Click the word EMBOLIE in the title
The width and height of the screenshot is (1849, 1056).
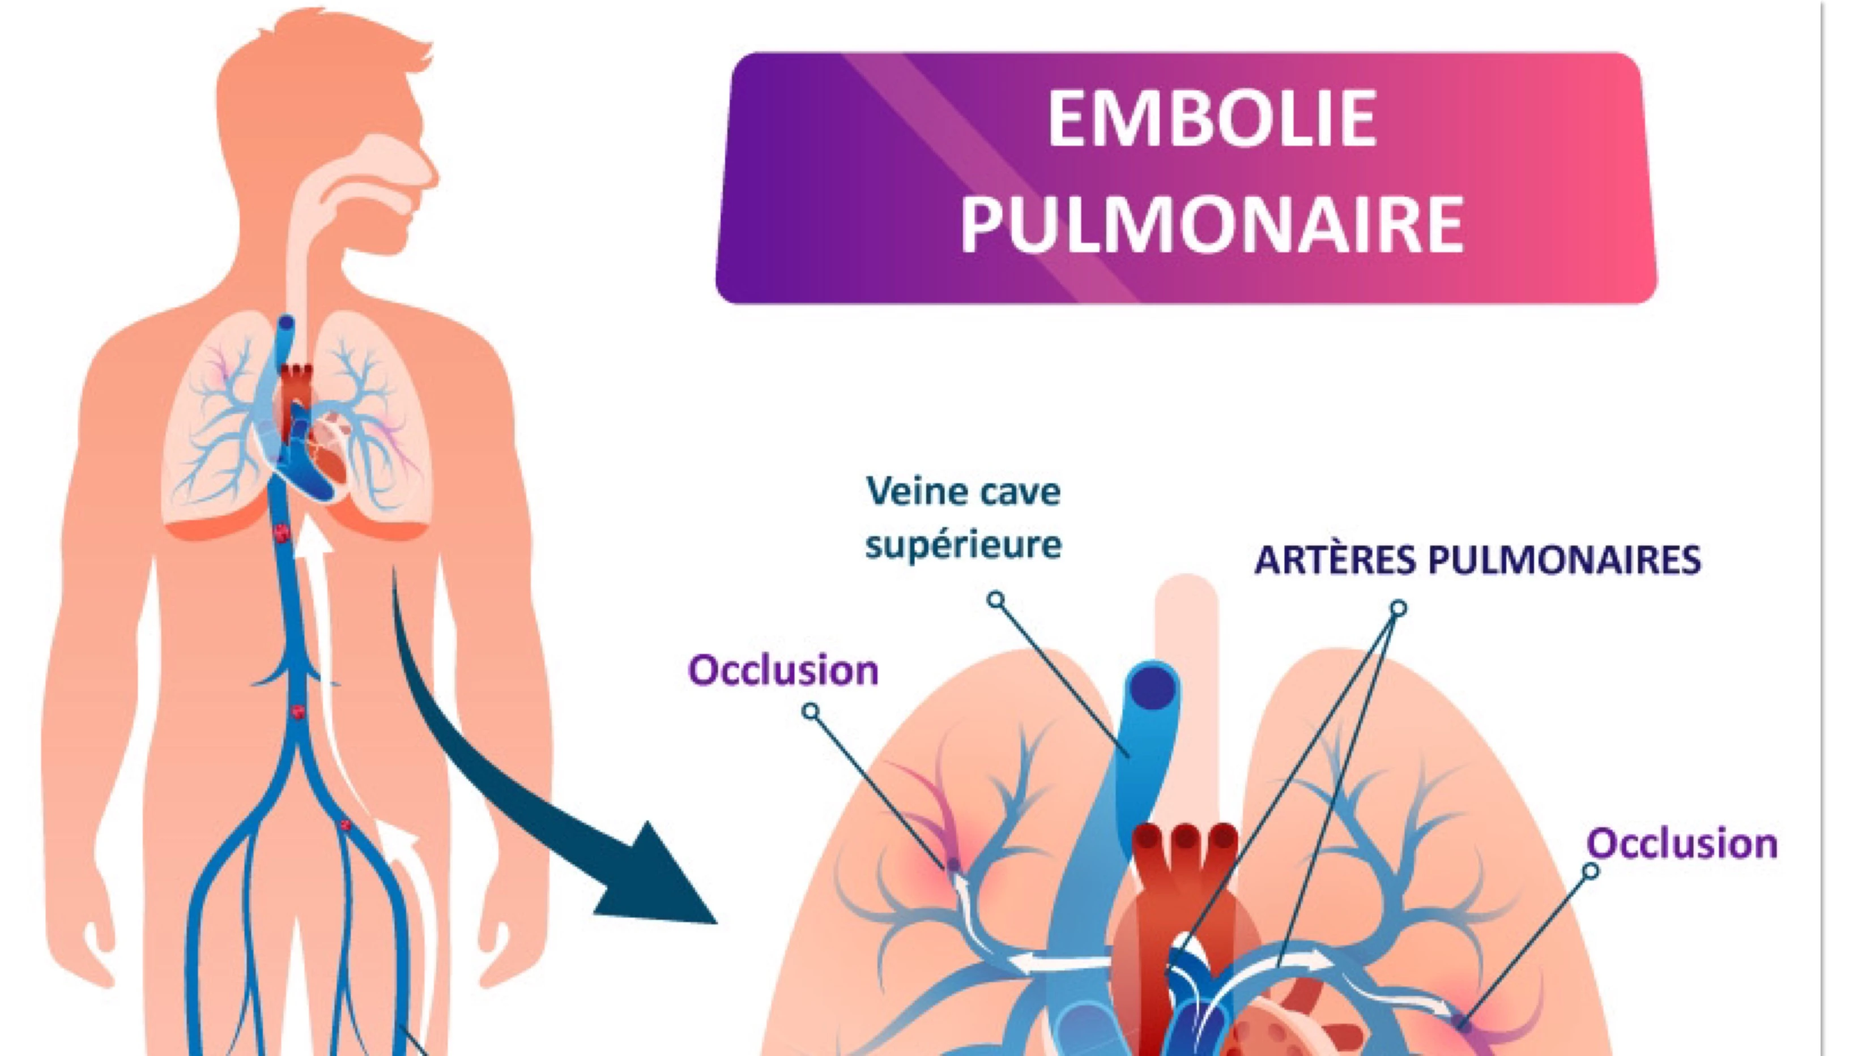[x=1211, y=119]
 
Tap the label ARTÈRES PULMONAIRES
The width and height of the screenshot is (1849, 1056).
[x=1477, y=561]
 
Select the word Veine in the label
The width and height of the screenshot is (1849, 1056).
[x=910, y=491]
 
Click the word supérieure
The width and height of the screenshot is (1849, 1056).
[x=964, y=544]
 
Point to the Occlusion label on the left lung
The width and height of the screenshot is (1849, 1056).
[x=783, y=671]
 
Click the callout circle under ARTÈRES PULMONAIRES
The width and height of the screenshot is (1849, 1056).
[x=1399, y=608]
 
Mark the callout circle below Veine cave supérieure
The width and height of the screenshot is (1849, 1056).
[x=996, y=599]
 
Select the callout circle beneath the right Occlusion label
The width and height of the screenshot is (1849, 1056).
[x=1590, y=871]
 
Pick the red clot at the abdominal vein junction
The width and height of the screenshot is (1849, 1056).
[x=297, y=712]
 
